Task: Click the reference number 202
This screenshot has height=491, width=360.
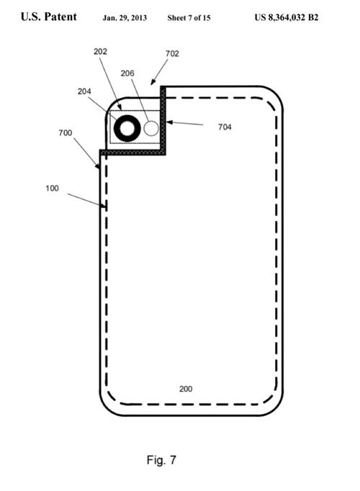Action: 101,51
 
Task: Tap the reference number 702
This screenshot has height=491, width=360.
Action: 172,54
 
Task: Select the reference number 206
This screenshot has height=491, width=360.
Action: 127,73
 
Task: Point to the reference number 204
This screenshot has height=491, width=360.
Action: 84,91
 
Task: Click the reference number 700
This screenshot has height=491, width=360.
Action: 65,133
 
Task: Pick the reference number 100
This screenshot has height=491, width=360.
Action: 52,188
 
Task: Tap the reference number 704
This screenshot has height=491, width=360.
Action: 225,127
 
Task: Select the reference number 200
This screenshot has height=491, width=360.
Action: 186,389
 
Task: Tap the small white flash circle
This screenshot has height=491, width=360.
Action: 151,128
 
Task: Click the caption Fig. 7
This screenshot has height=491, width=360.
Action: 161,460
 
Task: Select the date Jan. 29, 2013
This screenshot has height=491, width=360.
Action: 125,18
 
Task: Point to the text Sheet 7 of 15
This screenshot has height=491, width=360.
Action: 189,18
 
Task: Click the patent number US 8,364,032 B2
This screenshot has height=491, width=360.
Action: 287,17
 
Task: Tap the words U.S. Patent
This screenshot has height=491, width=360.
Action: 48,17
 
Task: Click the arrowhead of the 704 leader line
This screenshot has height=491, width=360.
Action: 168,122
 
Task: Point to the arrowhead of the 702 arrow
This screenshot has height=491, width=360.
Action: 153,82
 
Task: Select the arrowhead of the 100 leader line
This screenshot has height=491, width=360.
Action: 104,206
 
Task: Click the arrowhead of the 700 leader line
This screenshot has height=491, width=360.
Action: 98,166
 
